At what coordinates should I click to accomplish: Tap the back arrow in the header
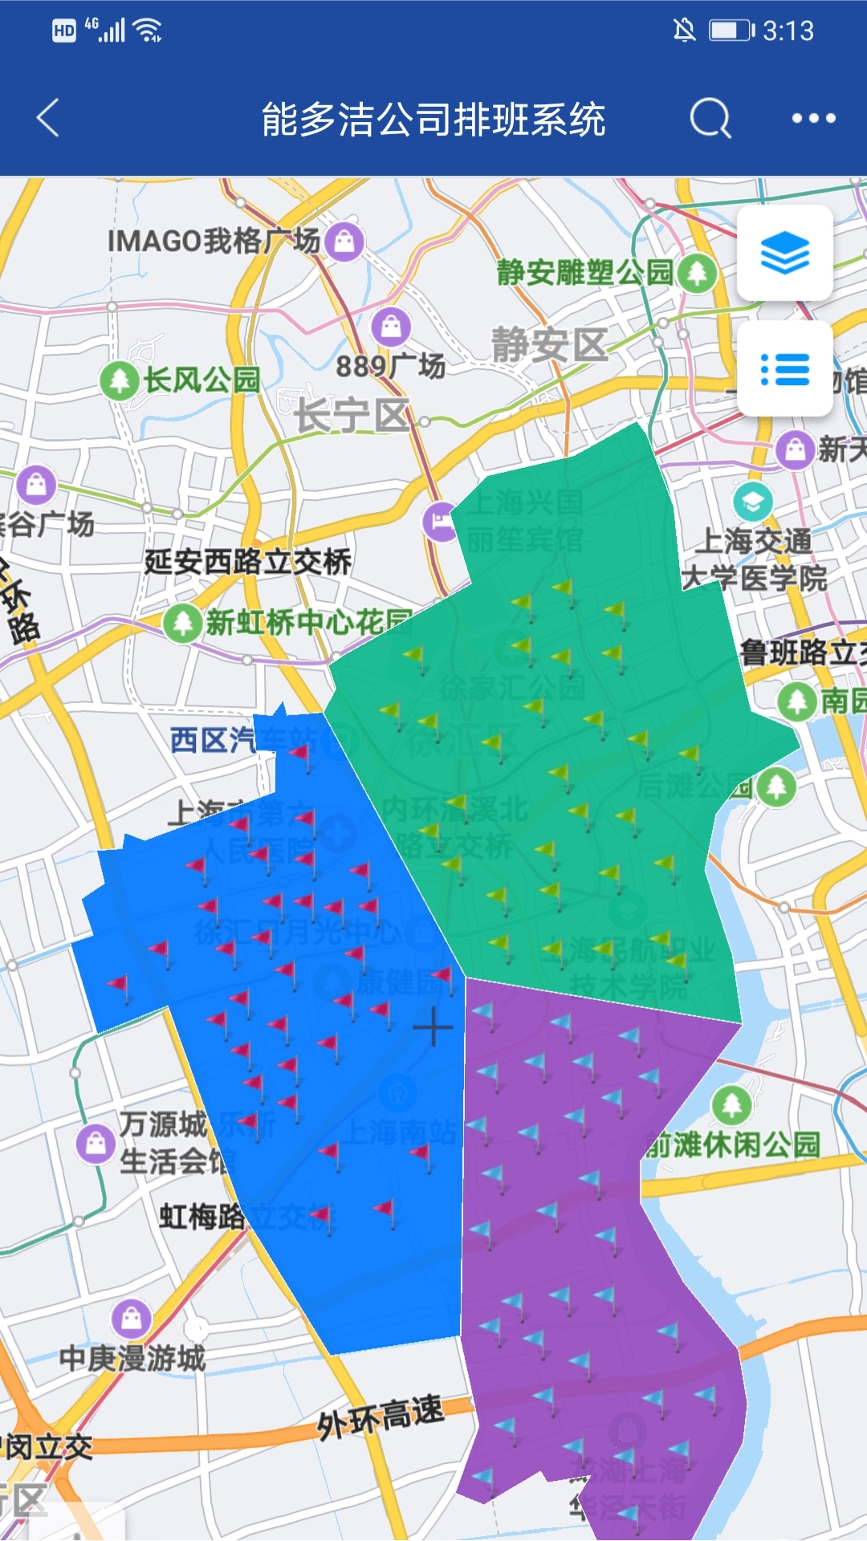(48, 119)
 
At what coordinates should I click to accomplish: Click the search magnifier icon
(710, 119)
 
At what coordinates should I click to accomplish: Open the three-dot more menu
(813, 119)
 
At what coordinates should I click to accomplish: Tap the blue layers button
(784, 253)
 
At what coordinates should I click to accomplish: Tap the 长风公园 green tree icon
(120, 380)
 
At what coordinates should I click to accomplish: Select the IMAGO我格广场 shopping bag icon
(345, 240)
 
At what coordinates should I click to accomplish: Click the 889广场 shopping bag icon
(391, 327)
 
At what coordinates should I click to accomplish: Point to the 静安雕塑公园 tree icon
(696, 273)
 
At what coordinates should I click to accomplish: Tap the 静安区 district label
(550, 346)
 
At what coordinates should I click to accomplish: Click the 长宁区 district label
(352, 415)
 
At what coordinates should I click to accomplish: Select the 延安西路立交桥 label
(248, 561)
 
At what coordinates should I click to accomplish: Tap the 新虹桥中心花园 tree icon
(183, 622)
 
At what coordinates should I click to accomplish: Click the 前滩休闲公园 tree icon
(731, 1105)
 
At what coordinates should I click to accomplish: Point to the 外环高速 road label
(381, 1417)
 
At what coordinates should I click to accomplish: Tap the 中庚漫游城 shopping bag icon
(132, 1317)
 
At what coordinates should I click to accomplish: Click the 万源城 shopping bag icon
(96, 1142)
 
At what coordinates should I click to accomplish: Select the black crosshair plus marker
(433, 1027)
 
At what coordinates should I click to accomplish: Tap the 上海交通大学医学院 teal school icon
(752, 502)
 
